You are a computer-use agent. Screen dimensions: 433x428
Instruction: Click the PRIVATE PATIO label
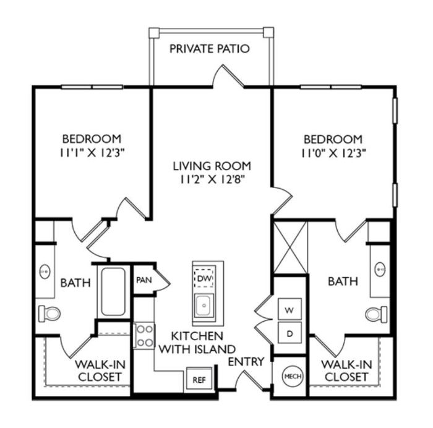[x=210, y=49]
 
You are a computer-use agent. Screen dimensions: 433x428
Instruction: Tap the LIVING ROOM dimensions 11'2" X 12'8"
[x=212, y=180]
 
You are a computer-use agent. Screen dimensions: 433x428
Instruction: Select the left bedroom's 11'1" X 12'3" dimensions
[x=92, y=153]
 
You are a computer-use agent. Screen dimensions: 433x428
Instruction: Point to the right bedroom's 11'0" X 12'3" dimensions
[x=333, y=153]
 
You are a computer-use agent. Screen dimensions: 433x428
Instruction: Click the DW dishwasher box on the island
[x=204, y=277]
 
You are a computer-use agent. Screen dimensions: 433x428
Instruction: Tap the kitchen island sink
[x=204, y=306]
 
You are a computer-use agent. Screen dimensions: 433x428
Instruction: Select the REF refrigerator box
[x=199, y=380]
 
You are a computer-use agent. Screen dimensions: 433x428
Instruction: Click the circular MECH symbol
[x=293, y=376]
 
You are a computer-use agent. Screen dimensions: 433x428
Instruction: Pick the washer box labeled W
[x=289, y=309]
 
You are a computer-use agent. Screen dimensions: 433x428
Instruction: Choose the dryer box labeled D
[x=289, y=333]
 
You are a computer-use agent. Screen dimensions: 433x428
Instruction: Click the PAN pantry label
[x=144, y=280]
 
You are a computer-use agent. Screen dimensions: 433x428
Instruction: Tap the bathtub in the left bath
[x=113, y=291]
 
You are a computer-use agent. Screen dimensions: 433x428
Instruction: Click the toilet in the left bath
[x=49, y=314]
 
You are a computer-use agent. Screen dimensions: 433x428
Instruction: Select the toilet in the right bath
[x=376, y=314]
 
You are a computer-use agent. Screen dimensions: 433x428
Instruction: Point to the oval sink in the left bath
[x=45, y=272]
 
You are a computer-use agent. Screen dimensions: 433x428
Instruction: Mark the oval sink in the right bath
[x=380, y=268]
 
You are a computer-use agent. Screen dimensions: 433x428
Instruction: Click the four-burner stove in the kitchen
[x=144, y=336]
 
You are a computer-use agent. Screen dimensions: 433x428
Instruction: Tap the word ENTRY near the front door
[x=246, y=361]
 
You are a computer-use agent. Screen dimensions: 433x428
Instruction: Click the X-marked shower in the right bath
[x=290, y=247]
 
